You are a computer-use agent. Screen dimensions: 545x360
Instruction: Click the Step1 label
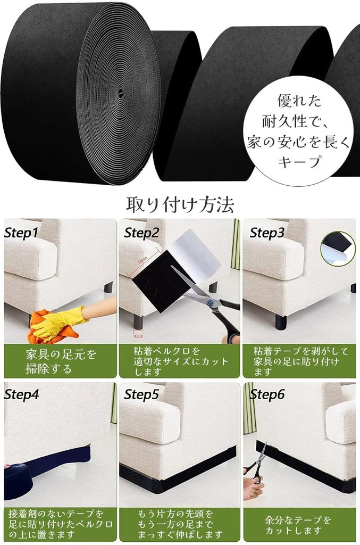[21, 233]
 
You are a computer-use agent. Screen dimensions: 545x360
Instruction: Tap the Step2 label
[141, 233]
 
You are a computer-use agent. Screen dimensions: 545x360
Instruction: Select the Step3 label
[267, 233]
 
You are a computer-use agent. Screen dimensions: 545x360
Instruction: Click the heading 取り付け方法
[180, 204]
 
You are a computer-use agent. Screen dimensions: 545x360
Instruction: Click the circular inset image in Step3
[337, 248]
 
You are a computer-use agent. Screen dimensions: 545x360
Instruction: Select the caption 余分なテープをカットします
[298, 525]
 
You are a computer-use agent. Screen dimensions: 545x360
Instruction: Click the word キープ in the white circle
[300, 161]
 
